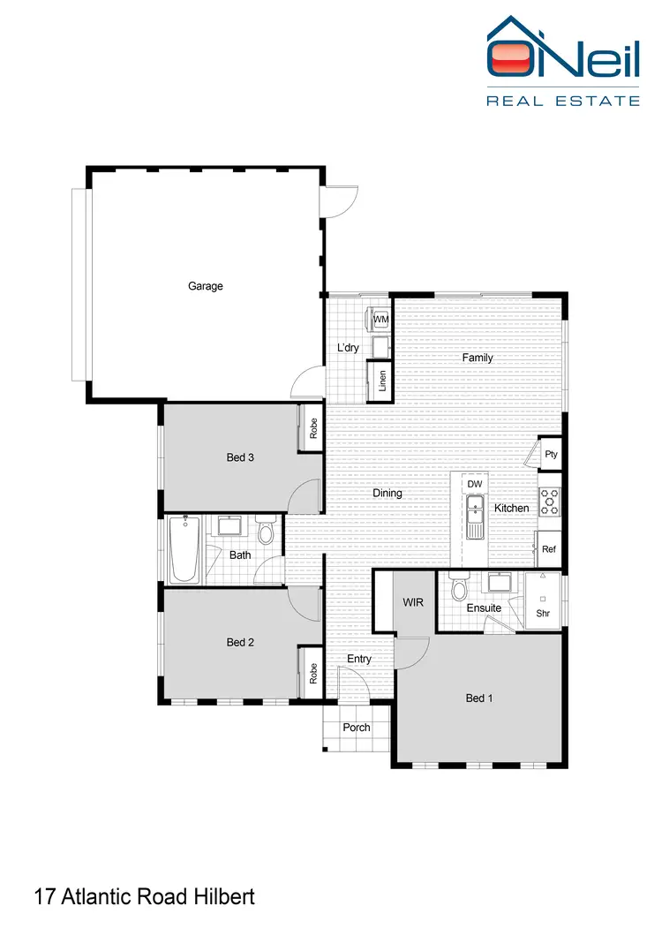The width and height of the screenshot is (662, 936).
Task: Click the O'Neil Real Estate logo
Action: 563,60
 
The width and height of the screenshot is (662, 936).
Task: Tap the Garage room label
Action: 206,286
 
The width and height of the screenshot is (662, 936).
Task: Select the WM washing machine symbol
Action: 380,319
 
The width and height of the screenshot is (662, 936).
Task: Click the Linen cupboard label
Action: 382,381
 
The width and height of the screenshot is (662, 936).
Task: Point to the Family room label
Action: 478,358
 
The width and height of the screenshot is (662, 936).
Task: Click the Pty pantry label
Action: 551,455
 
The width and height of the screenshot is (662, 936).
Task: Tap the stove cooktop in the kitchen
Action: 549,502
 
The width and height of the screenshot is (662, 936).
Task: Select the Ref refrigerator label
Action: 549,549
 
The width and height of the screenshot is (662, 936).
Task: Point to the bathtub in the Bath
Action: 184,549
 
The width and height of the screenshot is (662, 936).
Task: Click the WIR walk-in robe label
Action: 414,602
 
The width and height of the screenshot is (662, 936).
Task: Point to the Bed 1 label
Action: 478,698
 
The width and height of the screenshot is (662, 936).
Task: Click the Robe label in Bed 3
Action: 312,428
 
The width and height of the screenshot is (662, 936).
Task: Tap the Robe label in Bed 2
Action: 312,674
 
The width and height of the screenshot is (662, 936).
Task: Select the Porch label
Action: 357,728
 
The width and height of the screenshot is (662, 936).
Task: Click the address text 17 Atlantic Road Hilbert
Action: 145,897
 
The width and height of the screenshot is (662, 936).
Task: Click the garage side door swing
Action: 340,202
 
